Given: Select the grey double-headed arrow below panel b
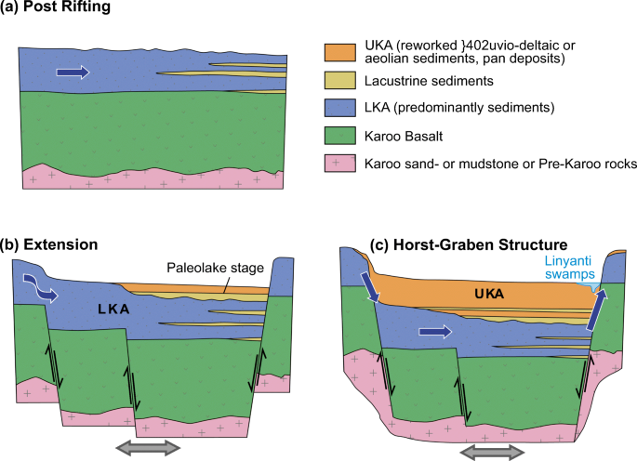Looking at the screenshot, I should click(x=148, y=447).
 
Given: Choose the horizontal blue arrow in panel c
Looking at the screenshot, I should click(x=434, y=330).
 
